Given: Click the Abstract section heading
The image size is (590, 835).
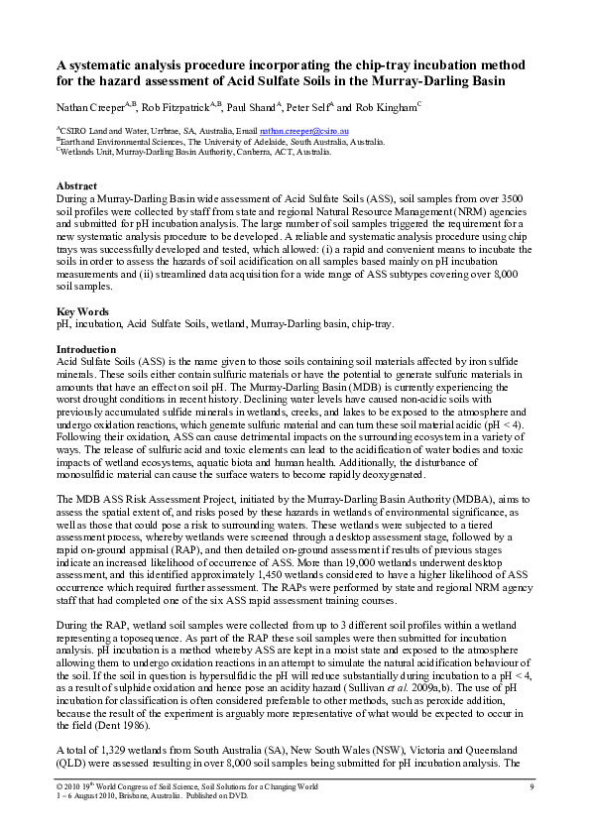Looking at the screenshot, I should [76, 186].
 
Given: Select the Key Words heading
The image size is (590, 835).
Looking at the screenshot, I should [81, 311].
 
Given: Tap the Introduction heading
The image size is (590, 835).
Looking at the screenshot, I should [86, 349].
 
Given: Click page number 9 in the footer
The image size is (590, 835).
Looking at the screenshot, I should [531, 786].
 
